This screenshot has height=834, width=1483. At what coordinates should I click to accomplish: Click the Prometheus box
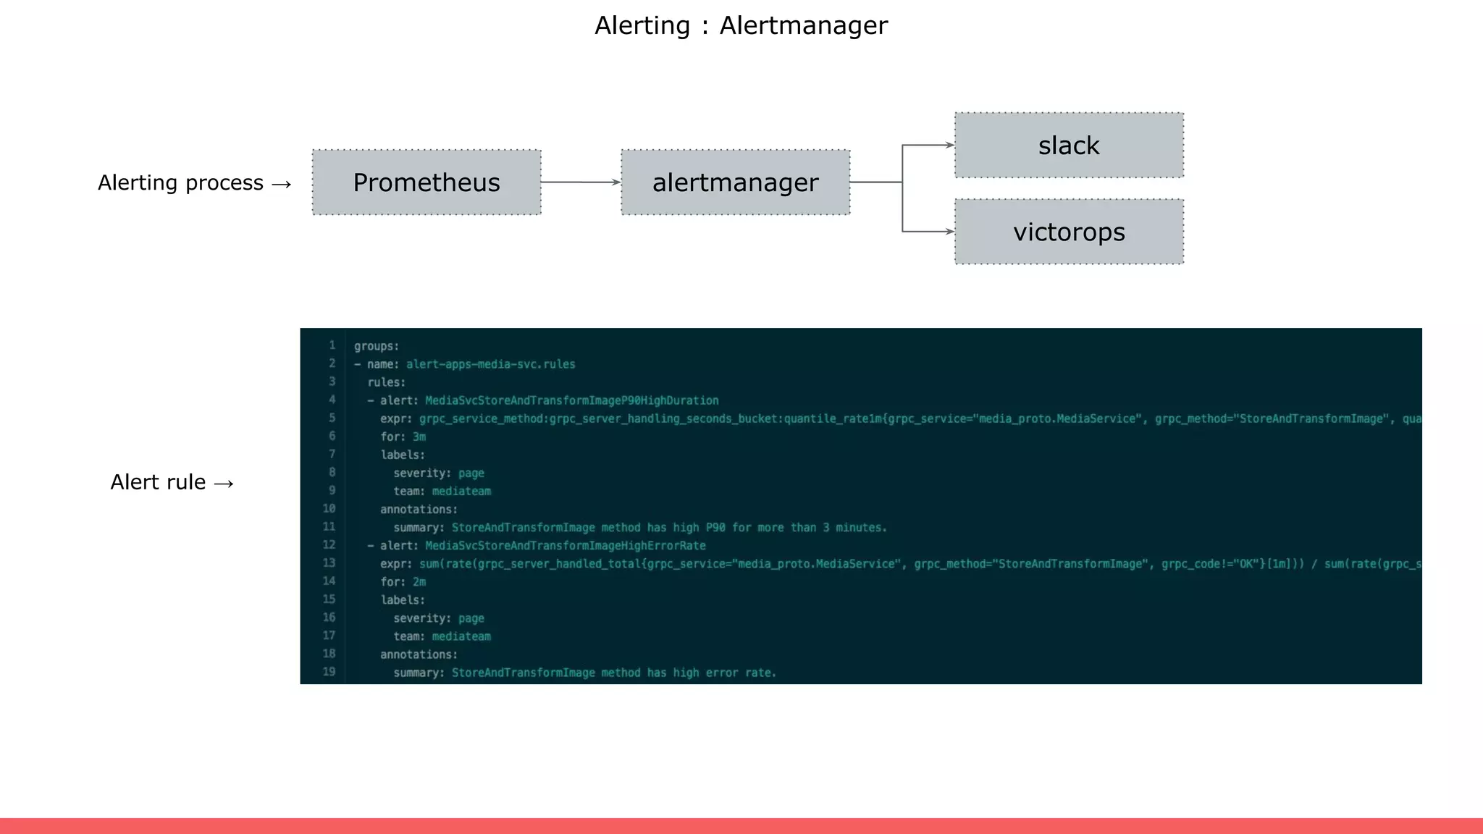[x=427, y=182]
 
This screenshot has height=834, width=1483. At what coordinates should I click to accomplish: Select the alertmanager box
[x=735, y=182]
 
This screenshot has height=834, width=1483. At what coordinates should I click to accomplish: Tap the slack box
[x=1069, y=146]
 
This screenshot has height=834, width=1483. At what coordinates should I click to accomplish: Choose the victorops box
[x=1069, y=232]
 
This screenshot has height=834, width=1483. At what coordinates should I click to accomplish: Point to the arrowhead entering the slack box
[x=949, y=146]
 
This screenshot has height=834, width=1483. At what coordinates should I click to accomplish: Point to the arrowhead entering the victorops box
[x=949, y=232]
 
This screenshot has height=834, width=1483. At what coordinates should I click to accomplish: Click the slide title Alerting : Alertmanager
[x=741, y=26]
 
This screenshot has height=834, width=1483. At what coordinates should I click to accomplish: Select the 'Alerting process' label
[x=181, y=183]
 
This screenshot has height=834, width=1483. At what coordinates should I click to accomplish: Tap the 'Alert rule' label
[x=158, y=482]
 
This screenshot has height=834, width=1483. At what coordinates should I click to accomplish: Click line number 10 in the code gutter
[x=329, y=509]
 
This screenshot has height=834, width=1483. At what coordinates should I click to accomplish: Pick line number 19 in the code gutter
[x=329, y=672]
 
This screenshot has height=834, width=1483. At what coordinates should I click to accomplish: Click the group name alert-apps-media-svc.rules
[x=490, y=364]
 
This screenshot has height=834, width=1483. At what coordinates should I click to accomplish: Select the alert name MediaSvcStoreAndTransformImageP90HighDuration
[x=571, y=400]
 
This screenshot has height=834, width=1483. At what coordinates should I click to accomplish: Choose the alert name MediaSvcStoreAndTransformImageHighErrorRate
[x=565, y=546]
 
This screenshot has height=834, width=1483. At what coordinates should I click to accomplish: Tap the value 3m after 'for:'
[x=419, y=437]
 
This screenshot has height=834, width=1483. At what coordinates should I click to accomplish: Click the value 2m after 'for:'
[x=419, y=582]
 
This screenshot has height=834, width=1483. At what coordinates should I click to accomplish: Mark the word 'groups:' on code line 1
[x=377, y=346]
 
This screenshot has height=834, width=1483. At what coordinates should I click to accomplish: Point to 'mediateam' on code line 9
[x=461, y=492]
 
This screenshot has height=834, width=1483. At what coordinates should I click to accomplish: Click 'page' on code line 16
[x=471, y=618]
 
